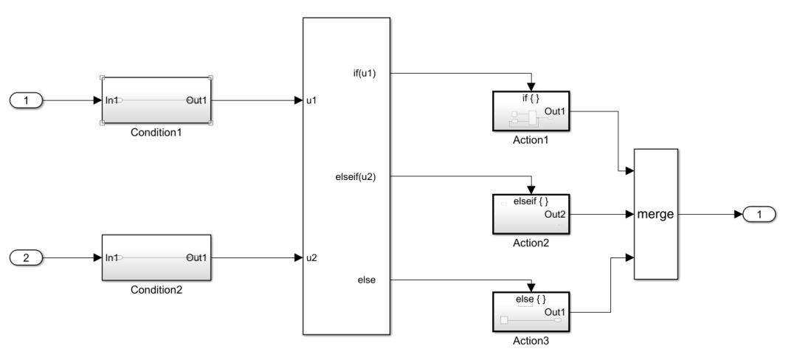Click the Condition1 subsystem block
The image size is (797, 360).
[156, 100]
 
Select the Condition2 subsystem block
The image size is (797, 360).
[156, 257]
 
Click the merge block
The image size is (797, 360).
[655, 214]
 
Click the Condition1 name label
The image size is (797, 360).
[156, 134]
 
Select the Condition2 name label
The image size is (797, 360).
[156, 290]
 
